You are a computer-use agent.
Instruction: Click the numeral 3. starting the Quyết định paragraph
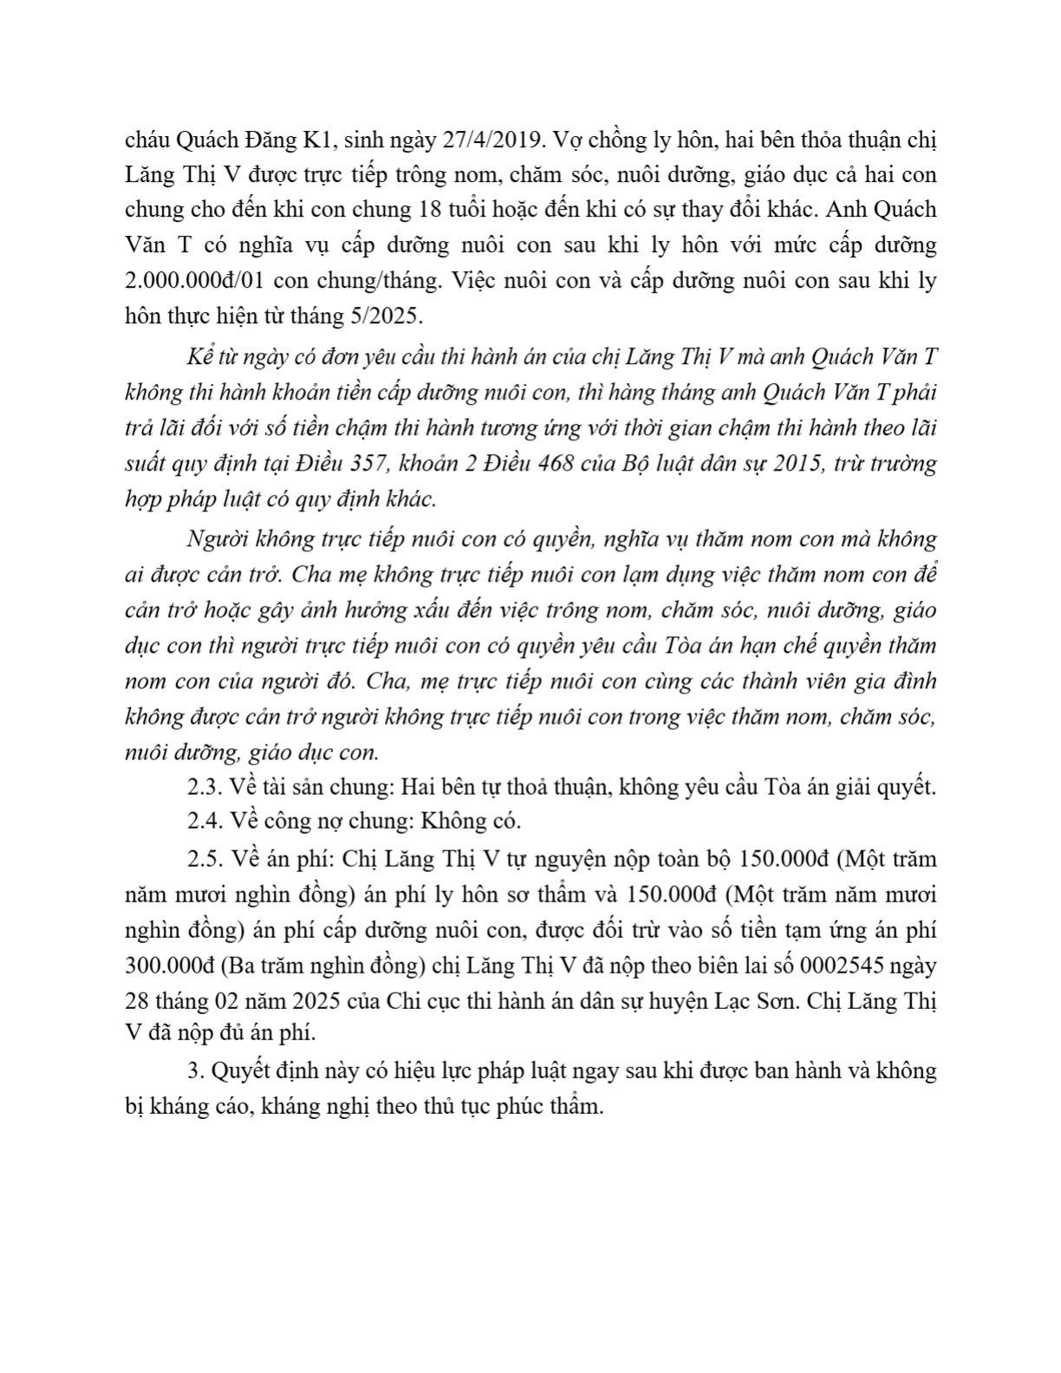(x=194, y=1070)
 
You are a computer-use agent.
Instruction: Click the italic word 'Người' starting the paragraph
(x=210, y=539)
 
